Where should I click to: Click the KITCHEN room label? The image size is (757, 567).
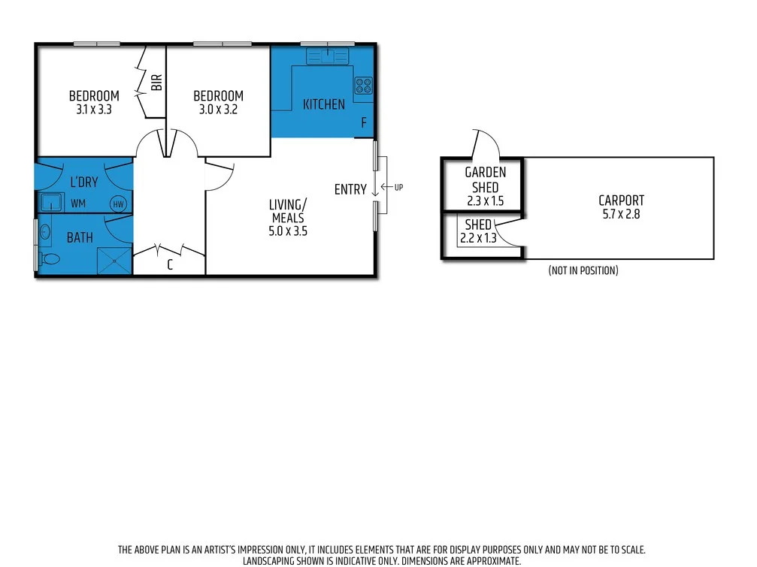click(324, 104)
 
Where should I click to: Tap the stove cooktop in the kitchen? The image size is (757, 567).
click(363, 86)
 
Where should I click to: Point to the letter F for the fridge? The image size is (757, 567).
click(364, 123)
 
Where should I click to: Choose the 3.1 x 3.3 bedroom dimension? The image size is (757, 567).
click(94, 109)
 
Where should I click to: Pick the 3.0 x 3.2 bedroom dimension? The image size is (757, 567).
click(218, 109)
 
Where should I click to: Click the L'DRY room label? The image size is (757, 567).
click(83, 182)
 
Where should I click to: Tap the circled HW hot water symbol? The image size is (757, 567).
click(118, 204)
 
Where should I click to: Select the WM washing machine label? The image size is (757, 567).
click(78, 204)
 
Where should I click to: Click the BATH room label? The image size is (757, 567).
click(80, 238)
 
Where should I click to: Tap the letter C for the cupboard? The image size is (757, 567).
click(170, 264)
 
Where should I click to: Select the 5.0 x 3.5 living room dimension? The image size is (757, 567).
click(289, 231)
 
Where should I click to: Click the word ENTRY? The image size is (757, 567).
click(350, 190)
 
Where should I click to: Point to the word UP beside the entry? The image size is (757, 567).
click(398, 187)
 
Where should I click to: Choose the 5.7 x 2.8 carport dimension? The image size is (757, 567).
click(621, 213)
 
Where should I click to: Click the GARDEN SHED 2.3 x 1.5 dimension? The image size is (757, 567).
click(485, 201)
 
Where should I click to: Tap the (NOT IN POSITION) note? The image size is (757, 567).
click(583, 270)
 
